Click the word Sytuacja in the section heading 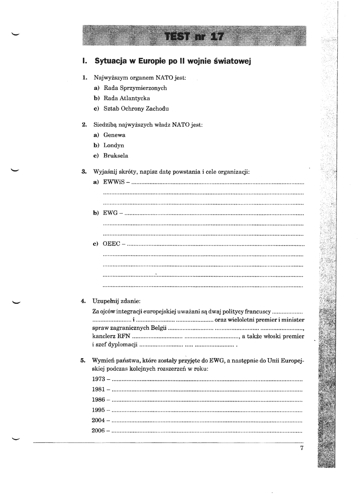pyautogui.click(x=109, y=62)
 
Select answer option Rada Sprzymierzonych pyautogui.click(x=135, y=88)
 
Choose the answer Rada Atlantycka pyautogui.click(x=126, y=98)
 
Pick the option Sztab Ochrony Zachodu pyautogui.click(x=136, y=108)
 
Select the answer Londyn pyautogui.click(x=114, y=145)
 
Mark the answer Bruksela pyautogui.click(x=116, y=156)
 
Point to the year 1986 pyautogui.click(x=98, y=400)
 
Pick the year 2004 pyautogui.click(x=98, y=421)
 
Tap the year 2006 pyautogui.click(x=98, y=431)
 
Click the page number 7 pyautogui.click(x=302, y=448)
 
